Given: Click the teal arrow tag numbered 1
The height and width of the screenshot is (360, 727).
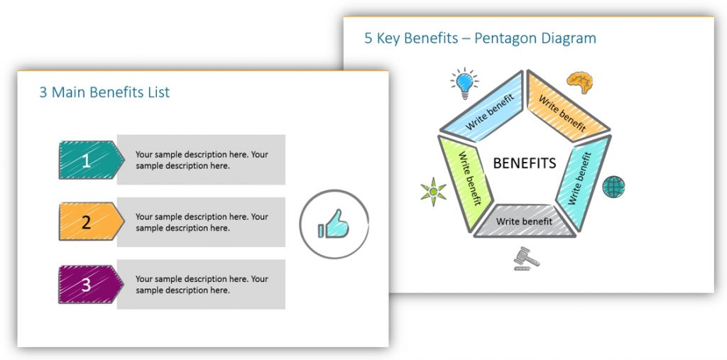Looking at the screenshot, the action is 91,160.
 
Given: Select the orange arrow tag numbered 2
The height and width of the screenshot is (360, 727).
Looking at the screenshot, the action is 91,222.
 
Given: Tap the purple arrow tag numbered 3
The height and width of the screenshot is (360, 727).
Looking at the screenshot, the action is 91,285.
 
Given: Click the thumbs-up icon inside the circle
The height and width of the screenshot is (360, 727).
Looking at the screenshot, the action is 334,224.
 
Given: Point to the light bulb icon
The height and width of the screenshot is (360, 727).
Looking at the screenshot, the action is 464,84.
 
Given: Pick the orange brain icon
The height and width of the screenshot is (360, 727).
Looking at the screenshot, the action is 580,82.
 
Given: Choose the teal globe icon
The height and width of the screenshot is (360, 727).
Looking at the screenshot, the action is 613,187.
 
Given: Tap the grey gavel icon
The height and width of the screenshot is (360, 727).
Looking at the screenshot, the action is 526,258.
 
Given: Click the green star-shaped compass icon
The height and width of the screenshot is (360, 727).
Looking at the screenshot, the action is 434,192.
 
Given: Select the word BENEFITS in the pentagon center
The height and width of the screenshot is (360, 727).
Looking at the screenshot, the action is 525,163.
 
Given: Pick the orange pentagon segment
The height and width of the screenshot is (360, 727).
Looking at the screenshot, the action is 567,107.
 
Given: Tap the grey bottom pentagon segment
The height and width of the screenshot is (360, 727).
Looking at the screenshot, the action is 525,221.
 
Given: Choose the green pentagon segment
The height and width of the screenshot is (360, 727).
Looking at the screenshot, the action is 464,182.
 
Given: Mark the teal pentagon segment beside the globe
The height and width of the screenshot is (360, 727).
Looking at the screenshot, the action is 584,182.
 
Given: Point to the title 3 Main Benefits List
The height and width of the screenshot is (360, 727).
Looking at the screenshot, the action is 104,92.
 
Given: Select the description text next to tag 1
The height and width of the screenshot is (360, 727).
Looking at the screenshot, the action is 202,160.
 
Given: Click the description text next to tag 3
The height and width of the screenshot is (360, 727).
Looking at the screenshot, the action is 202,285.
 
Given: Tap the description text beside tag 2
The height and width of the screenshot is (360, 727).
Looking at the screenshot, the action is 202,222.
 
